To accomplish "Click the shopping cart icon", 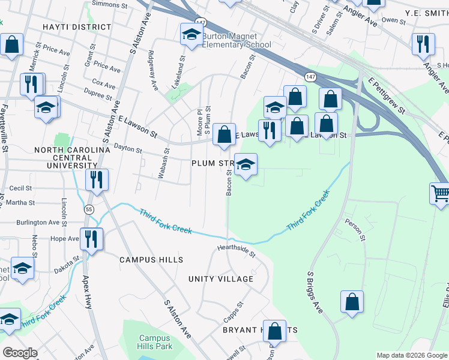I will [441, 194].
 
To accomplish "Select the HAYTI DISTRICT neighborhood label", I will [77, 27].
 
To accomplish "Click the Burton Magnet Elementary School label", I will [236, 40].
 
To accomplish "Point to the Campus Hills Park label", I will [155, 342].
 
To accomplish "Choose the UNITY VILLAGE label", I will [220, 279].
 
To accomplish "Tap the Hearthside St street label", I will [236, 251].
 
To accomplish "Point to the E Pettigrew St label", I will [388, 96].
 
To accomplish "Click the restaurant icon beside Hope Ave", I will [91, 238].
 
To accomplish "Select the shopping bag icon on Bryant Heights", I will [275, 331].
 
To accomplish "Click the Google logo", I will [20, 353].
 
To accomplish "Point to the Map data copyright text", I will [411, 355].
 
